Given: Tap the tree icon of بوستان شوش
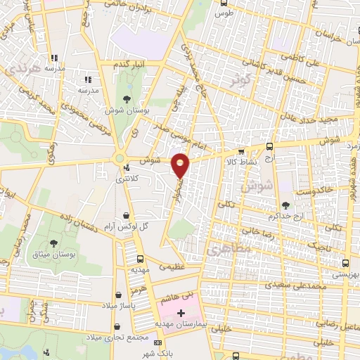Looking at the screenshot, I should (127, 99).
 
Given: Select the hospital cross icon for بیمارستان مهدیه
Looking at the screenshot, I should (181, 311).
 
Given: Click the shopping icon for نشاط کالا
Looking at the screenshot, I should (241, 150).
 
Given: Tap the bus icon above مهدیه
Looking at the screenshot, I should (139, 259).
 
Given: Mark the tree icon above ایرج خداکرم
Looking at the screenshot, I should (286, 205).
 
